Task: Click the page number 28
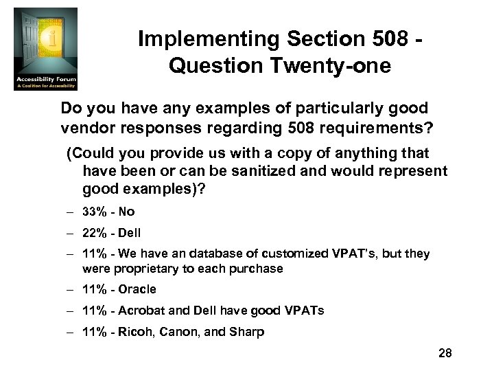coord(445,353)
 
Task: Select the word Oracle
coord(137,289)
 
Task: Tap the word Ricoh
coord(136,333)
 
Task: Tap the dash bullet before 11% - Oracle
coord(71,289)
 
